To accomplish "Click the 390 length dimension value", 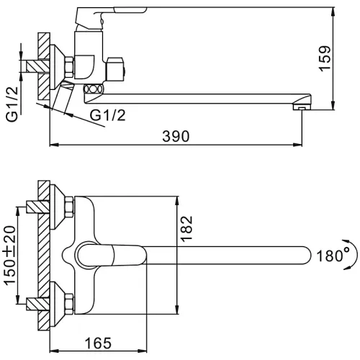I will pyautogui.click(x=176, y=137).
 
